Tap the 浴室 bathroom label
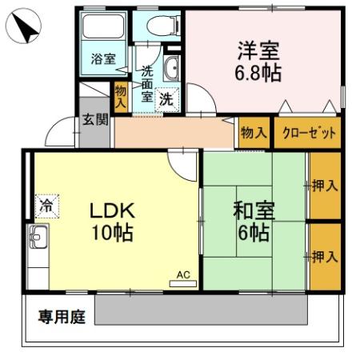102,59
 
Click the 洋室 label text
258,49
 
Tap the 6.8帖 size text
258,73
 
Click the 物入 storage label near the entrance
121,96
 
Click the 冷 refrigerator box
47,205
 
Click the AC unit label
183,276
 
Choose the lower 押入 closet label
324,257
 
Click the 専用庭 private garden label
61,317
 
